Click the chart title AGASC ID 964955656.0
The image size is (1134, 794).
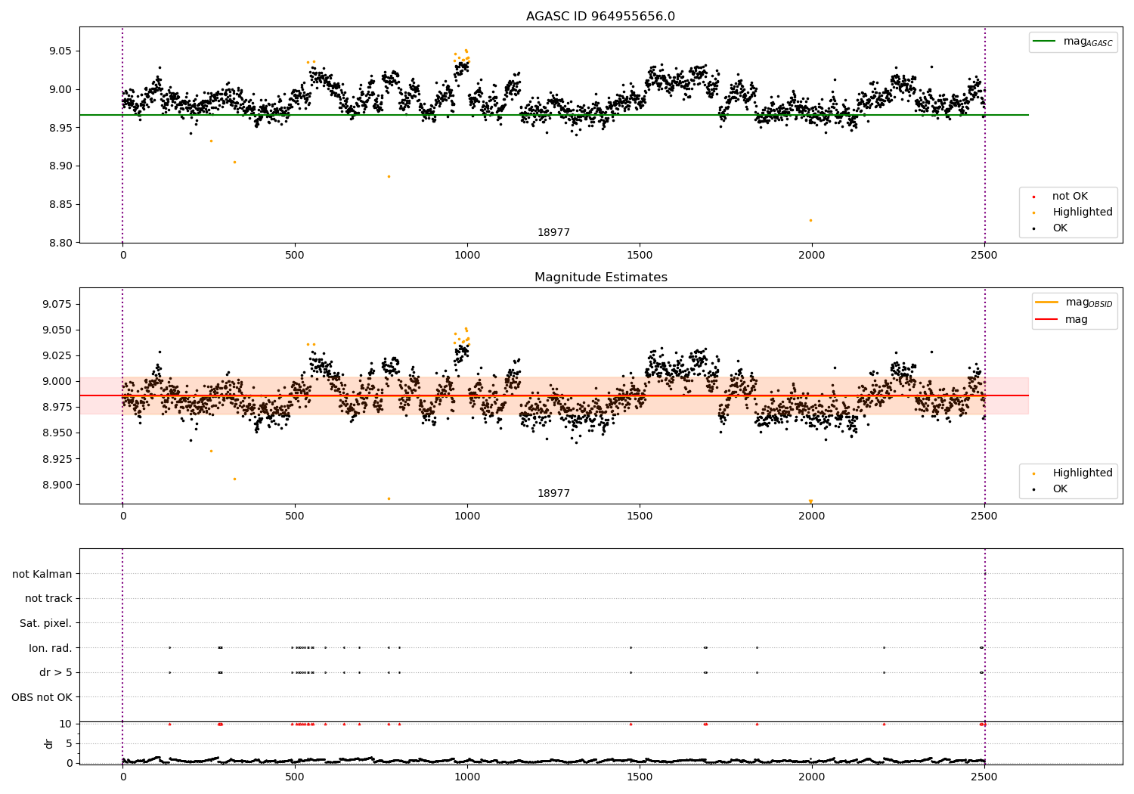pyautogui.click(x=600, y=17)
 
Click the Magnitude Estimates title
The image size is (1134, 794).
pyautogui.click(x=600, y=278)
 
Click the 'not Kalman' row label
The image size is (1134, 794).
pyautogui.click(x=42, y=574)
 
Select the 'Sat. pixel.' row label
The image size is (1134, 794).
pyautogui.click(x=46, y=623)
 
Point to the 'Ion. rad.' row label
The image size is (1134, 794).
pyautogui.click(x=51, y=648)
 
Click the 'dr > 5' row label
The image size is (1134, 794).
pyautogui.click(x=56, y=672)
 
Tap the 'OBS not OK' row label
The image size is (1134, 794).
pyautogui.click(x=42, y=697)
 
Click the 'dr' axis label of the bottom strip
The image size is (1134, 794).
pyautogui.click(x=49, y=743)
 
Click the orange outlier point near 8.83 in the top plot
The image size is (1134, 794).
pyautogui.click(x=810, y=220)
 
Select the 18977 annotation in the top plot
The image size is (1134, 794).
pyautogui.click(x=553, y=233)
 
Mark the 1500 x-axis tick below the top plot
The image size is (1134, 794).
pyautogui.click(x=640, y=256)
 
